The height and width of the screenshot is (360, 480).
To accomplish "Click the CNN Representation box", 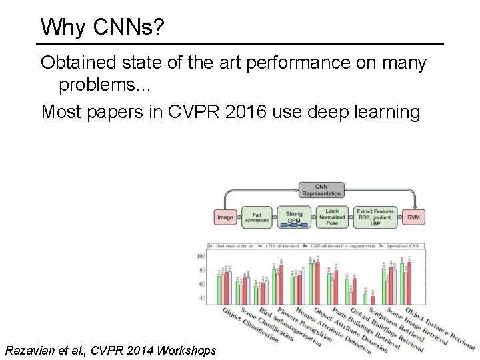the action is (321, 189).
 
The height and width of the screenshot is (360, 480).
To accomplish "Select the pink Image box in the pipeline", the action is (226, 217).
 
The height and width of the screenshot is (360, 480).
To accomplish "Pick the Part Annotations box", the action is (257, 217).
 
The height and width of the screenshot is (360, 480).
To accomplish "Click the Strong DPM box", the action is (294, 217).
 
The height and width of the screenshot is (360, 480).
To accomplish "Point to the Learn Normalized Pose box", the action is (332, 216).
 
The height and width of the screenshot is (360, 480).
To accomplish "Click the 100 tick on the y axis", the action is (201, 257).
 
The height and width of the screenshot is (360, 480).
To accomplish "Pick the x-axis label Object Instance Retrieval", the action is (439, 330).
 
